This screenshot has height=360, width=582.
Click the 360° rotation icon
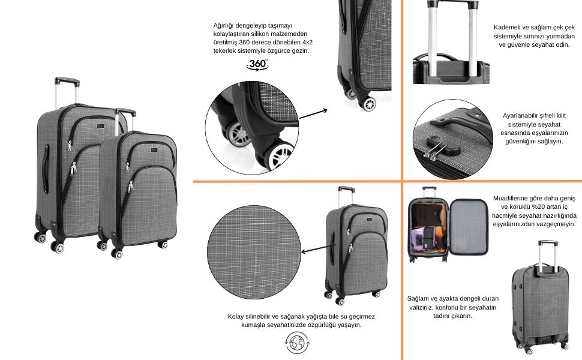257,65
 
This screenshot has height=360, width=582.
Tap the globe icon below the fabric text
297,343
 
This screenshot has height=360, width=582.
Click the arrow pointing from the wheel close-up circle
313,114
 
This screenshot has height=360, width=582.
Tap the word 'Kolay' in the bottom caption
236,317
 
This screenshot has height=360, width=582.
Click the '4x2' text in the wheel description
307,43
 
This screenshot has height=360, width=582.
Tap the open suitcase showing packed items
448,224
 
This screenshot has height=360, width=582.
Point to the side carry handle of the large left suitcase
46,169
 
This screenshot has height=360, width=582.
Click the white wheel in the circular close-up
278,156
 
